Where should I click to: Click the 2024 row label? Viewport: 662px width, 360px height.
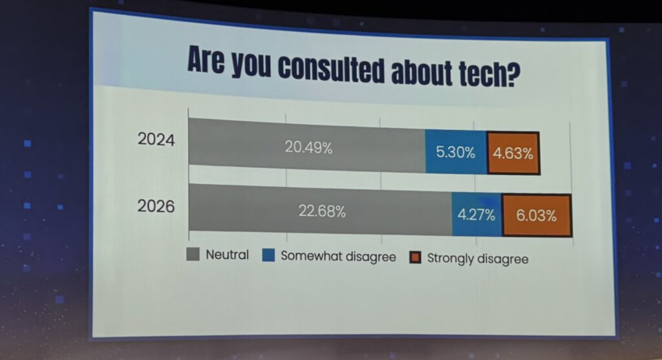point(156,139)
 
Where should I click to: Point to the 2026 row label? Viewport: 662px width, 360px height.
point(156,207)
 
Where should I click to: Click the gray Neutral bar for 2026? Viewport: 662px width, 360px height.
point(319,210)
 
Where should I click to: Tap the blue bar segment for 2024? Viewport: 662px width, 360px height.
point(456,153)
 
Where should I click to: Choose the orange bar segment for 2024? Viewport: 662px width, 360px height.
point(513,154)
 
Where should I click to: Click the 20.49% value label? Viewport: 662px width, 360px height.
point(308,147)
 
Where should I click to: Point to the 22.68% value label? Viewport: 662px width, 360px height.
point(322,211)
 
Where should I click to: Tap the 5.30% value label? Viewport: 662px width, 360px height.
point(456,153)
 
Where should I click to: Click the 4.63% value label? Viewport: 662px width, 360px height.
point(513,154)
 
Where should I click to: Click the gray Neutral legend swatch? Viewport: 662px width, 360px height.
point(192,254)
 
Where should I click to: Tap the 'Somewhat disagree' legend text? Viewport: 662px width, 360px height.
point(338,257)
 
